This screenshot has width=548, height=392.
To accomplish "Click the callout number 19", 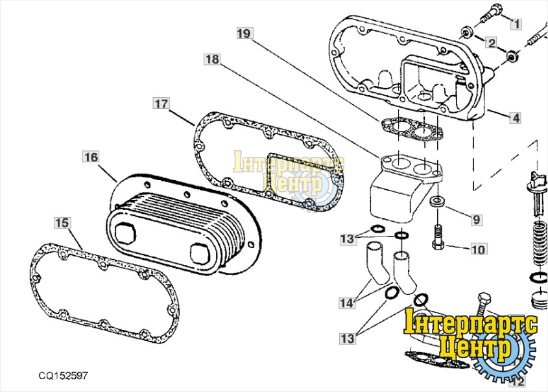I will point(243,33).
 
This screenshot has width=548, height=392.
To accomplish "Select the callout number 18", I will point(212,60).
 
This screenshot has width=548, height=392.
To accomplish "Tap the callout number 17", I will point(161,103).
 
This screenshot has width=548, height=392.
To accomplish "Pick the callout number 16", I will point(91,157).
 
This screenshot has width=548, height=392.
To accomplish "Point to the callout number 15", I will point(61,223).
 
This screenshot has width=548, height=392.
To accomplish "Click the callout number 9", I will point(476,220).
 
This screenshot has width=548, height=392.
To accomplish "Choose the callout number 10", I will point(477,249).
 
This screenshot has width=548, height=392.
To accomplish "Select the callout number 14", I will point(347,303).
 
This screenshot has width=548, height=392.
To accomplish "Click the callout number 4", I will point(515,119).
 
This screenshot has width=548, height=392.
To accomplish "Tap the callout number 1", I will point(516,24).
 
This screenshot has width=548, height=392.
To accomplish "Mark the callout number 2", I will point(491,43).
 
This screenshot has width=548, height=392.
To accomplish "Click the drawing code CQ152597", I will point(63,375).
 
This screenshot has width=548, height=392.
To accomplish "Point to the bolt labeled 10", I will point(436,236).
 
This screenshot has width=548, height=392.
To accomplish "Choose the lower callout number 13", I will point(347,338).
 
